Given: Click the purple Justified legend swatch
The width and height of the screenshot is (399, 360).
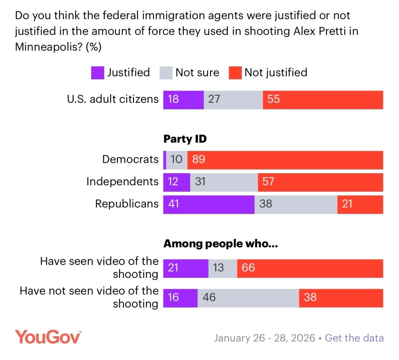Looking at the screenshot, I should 97,73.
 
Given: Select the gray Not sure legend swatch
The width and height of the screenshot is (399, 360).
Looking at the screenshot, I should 166,73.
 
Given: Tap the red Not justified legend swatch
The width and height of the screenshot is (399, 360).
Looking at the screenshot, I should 235,73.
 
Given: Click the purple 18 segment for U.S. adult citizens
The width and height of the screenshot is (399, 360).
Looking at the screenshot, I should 183,100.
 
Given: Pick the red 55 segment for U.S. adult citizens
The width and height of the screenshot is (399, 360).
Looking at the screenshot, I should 323,100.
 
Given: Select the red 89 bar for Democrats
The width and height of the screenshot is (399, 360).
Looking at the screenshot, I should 285,160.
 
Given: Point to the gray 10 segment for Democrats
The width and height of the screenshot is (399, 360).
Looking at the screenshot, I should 177,160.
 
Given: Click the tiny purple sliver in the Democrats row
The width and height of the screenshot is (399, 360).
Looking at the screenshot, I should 165,160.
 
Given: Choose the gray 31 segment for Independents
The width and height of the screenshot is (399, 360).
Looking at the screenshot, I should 224,182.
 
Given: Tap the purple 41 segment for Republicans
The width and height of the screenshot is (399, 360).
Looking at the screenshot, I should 208,204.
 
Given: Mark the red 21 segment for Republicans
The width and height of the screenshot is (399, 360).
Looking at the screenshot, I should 360,204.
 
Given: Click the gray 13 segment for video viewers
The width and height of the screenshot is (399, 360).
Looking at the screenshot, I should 222,268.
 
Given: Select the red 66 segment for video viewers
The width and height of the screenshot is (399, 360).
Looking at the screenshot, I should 310,268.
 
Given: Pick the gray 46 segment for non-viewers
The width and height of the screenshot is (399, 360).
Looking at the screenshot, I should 248,298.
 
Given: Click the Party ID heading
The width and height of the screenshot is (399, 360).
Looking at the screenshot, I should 185,139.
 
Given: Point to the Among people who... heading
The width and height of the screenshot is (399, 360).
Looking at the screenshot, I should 220,244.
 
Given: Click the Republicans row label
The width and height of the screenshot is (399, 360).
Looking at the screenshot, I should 127,204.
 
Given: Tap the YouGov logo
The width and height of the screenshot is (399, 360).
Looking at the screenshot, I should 48,337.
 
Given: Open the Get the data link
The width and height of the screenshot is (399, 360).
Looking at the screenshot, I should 354,338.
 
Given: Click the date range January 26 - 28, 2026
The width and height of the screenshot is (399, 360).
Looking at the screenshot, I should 264,338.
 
